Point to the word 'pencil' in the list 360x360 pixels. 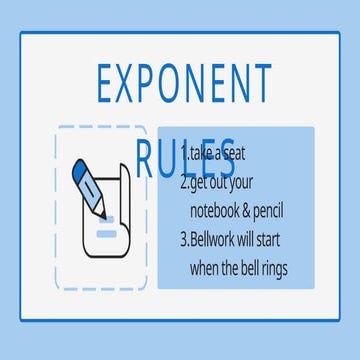tap(288, 212)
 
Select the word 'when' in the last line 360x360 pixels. tap(206, 269)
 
